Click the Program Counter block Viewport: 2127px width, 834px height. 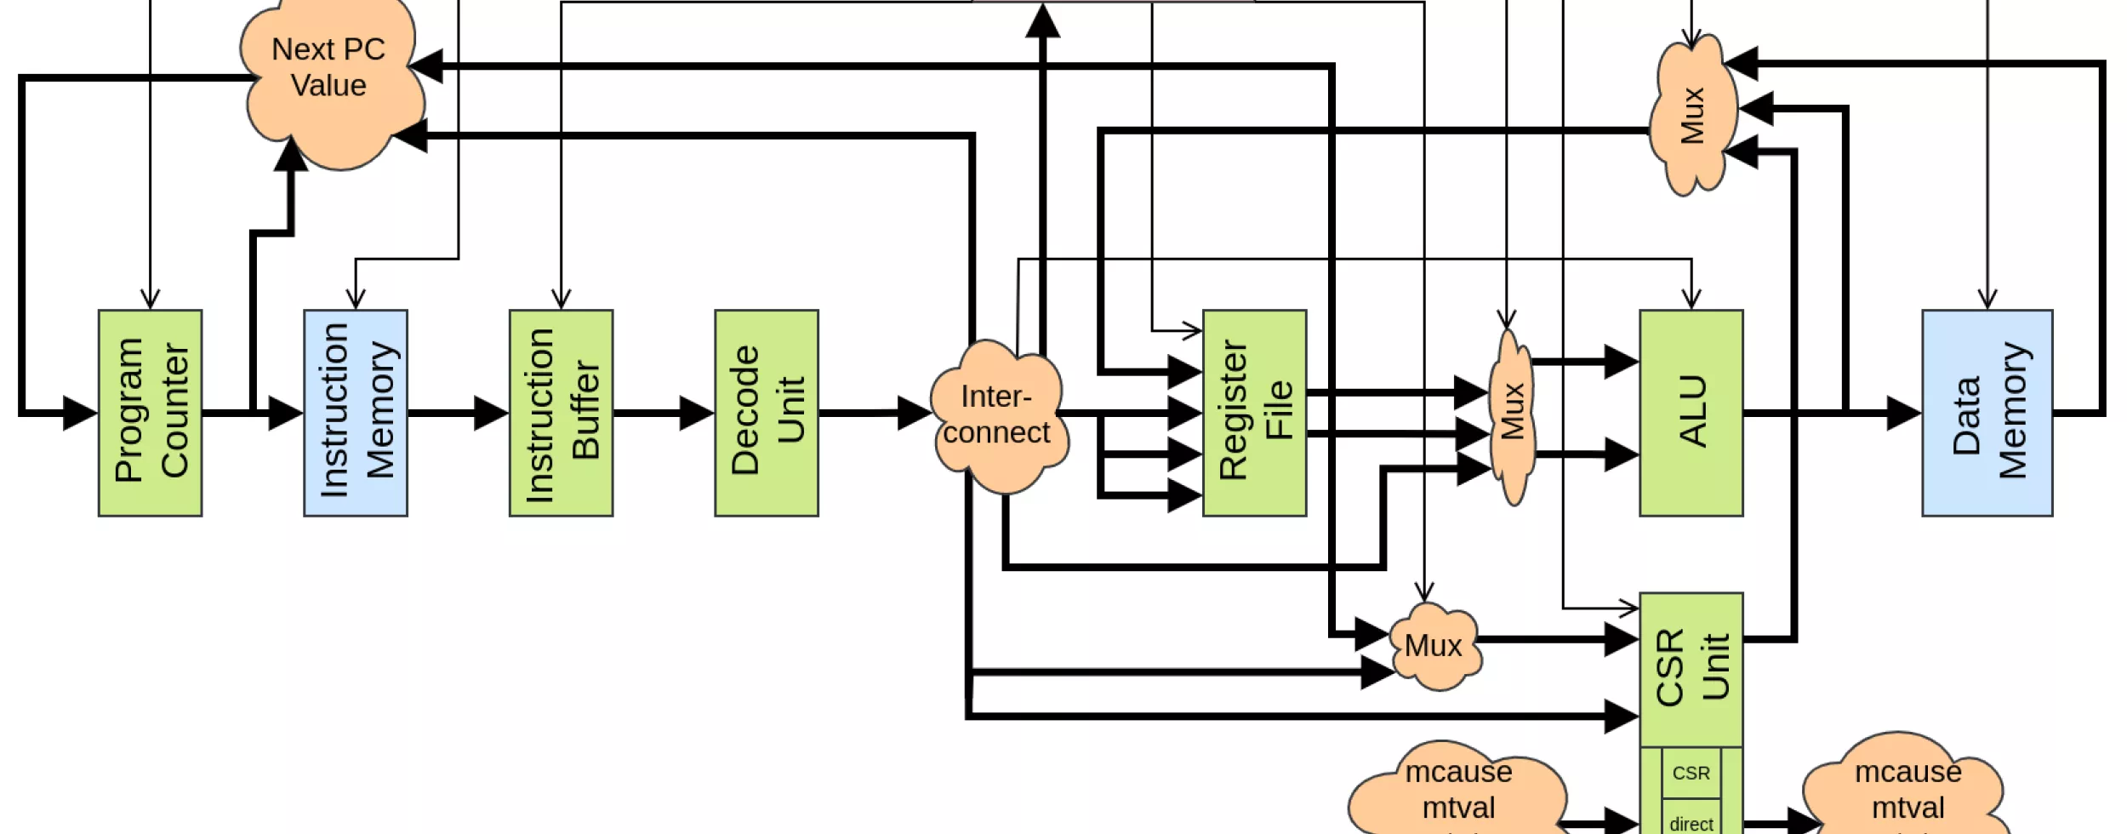pyautogui.click(x=150, y=413)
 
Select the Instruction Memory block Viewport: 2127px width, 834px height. pyautogui.click(x=356, y=413)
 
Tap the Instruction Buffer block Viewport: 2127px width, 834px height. pyautogui.click(x=561, y=413)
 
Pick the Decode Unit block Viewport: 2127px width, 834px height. pyautogui.click(x=767, y=413)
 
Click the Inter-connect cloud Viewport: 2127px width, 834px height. pyautogui.click(x=997, y=415)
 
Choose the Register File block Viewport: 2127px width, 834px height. pyautogui.click(x=1254, y=413)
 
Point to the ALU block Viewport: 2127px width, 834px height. pyautogui.click(x=1691, y=413)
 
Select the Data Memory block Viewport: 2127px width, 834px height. pyautogui.click(x=1987, y=413)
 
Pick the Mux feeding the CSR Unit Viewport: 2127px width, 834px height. pyautogui.click(x=1434, y=646)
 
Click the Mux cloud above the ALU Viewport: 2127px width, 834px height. pyautogui.click(x=1691, y=115)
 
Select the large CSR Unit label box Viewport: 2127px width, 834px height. pyautogui.click(x=1691, y=669)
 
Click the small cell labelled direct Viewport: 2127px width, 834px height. pyautogui.click(x=1691, y=823)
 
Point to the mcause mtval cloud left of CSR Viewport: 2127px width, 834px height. pyautogui.click(x=1458, y=791)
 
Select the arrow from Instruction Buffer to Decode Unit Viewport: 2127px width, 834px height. pyautogui.click(x=664, y=413)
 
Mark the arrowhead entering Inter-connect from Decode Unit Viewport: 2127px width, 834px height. pyautogui.click(x=915, y=413)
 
